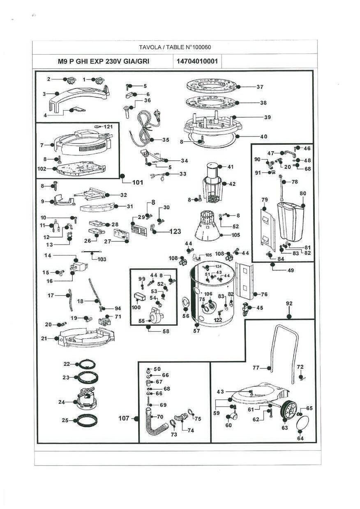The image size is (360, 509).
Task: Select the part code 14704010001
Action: pos(197,61)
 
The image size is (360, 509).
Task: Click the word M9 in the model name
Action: pos(62,61)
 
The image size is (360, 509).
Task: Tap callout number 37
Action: pos(260,87)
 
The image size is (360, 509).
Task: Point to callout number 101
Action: pos(138,183)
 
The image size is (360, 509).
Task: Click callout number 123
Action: pos(175,231)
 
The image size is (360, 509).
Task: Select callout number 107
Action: pos(124,418)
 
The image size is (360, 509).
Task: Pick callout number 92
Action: pos(289,303)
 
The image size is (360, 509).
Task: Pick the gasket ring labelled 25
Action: pos(87,420)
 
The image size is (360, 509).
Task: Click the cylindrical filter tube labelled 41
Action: pos(212,171)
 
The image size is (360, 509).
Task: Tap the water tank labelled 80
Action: pos(291,222)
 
